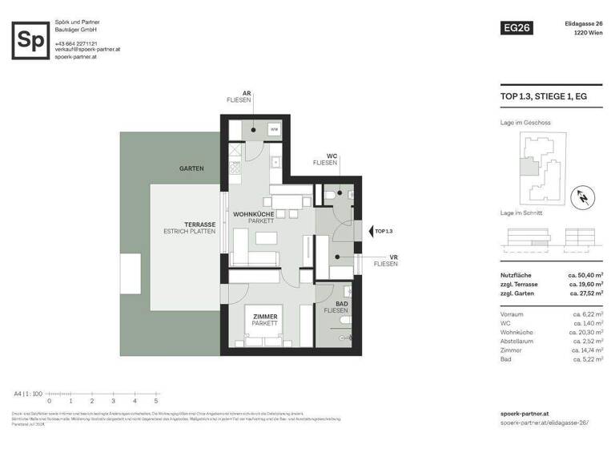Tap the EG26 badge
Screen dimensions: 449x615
click(516, 28)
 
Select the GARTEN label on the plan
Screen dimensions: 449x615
click(191, 169)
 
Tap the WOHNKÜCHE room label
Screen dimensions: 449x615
click(253, 215)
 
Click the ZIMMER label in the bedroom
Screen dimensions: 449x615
click(265, 317)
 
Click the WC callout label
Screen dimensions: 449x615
click(331, 156)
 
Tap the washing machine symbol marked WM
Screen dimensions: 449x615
click(273, 128)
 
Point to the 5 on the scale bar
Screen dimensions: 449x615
click(155, 401)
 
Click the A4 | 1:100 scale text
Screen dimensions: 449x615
click(28, 394)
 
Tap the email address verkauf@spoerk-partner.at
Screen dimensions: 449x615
click(87, 49)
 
